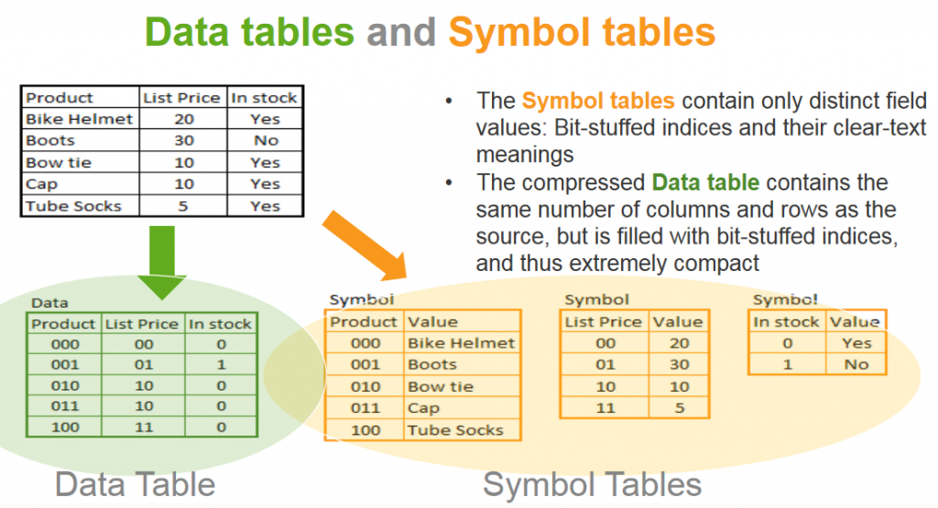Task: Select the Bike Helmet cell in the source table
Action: pyautogui.click(x=79, y=119)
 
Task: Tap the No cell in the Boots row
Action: pyautogui.click(x=266, y=140)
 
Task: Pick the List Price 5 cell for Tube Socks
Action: pyautogui.click(x=183, y=206)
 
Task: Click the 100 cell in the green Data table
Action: pyautogui.click(x=65, y=427)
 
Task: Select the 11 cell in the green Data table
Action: pyautogui.click(x=144, y=427)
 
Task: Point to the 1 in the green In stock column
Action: pyautogui.click(x=222, y=364)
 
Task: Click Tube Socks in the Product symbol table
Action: pyautogui.click(x=455, y=430)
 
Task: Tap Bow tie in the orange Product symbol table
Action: pyautogui.click(x=441, y=386)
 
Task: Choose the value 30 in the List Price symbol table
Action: pyautogui.click(x=679, y=364)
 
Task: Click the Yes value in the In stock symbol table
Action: pyautogui.click(x=856, y=343)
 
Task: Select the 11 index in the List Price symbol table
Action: pyautogui.click(x=605, y=408)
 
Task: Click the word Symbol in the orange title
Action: pyautogui.click(x=519, y=32)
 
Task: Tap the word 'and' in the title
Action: pyautogui.click(x=401, y=32)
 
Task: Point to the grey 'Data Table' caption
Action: pyautogui.click(x=136, y=484)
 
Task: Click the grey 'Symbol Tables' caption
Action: pyautogui.click(x=593, y=484)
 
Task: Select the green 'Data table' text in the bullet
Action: pyautogui.click(x=705, y=182)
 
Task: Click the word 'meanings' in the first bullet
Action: pyautogui.click(x=525, y=155)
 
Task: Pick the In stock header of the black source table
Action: pyautogui.click(x=264, y=97)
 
